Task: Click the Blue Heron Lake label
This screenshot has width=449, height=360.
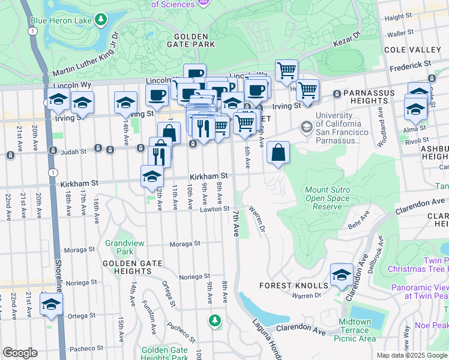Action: [62, 20]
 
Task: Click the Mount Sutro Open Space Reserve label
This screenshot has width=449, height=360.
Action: [332, 198]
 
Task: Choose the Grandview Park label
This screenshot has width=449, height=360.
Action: [119, 247]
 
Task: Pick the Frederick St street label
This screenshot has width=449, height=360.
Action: [411, 63]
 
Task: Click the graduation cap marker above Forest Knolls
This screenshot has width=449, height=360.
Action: [342, 274]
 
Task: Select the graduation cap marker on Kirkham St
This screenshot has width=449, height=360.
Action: [152, 176]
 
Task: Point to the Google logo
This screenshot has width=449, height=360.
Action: [20, 353]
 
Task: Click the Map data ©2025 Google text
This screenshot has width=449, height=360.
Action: [411, 355]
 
